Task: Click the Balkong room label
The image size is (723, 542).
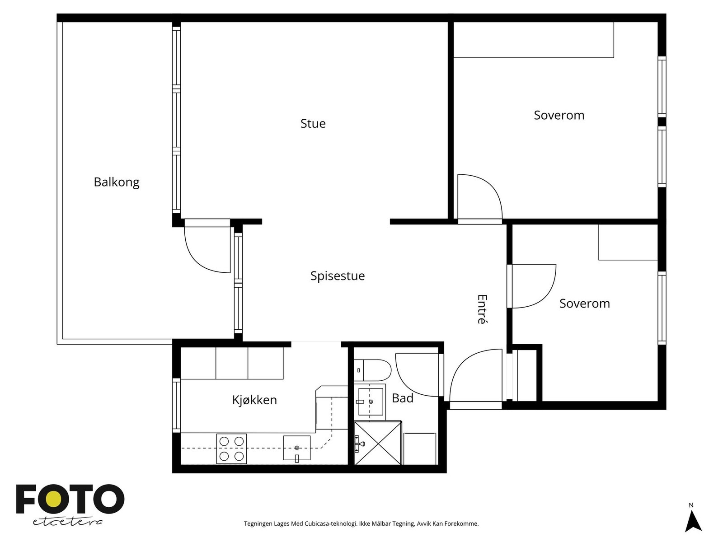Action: [x=116, y=182]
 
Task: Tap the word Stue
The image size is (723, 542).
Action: [x=313, y=123]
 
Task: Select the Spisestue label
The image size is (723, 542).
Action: [x=337, y=276]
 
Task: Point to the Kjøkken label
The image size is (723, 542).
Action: [x=254, y=400]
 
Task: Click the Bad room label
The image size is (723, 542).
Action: [x=402, y=398]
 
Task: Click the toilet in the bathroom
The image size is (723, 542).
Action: [x=372, y=370]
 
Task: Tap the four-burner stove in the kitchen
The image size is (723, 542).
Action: [x=231, y=449]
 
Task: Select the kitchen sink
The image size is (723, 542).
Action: [x=296, y=448]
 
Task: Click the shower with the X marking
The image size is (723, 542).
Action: [x=378, y=443]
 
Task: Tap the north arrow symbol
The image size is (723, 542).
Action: [x=693, y=521]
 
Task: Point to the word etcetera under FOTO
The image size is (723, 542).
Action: [x=67, y=522]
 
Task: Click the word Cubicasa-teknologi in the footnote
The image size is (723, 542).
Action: [x=331, y=523]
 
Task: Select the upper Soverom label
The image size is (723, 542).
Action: [x=559, y=115]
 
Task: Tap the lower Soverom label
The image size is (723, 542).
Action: [x=584, y=304]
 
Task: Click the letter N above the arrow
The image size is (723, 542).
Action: [x=691, y=505]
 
